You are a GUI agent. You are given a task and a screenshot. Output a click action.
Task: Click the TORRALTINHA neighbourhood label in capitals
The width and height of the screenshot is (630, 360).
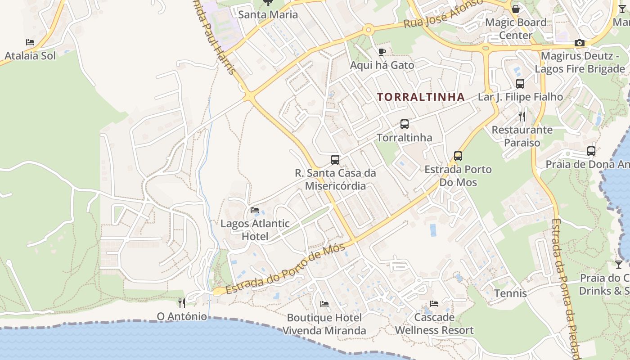tap(421, 97)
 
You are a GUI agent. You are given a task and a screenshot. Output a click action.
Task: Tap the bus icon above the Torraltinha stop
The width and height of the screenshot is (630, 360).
tap(405, 124)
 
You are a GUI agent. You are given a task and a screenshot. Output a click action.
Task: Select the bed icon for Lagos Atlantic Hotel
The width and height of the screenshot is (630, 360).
tap(255, 210)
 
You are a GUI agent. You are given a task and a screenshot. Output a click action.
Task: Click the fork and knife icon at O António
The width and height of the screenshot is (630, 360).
tap(182, 303)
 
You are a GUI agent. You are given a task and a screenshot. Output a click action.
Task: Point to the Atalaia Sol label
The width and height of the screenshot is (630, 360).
tap(30, 56)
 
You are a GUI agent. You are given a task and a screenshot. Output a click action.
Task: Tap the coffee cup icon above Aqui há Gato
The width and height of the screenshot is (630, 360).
tap(382, 52)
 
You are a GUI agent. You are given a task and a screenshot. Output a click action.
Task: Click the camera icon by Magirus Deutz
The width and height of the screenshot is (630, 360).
tap(580, 43)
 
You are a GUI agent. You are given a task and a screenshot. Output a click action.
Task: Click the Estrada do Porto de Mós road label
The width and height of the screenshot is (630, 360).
tap(285, 269)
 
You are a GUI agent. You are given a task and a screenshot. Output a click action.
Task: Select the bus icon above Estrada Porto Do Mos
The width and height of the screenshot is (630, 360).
tap(458, 156)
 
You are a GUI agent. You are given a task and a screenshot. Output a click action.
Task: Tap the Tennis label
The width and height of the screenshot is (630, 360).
tap(510, 293)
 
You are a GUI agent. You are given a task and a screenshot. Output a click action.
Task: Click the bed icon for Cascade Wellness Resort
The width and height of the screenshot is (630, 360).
tap(434, 304)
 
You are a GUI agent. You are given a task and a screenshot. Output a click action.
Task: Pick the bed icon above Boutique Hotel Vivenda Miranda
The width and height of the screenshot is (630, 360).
tap(324, 304)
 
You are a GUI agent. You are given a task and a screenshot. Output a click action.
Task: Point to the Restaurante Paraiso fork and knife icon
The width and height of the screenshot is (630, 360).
tap(522, 117)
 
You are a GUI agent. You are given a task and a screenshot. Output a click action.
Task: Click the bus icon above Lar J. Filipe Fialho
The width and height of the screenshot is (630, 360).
tap(520, 83)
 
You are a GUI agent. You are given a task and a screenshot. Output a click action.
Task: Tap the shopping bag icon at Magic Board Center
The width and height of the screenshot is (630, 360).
tap(516, 9)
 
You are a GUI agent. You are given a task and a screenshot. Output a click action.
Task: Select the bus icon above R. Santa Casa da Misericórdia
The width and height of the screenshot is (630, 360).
tap(335, 159)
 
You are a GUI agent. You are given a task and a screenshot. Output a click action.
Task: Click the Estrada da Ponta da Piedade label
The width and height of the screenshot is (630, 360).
tap(565, 288)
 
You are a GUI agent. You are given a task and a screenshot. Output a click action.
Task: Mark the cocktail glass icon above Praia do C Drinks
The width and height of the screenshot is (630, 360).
tap(619, 265)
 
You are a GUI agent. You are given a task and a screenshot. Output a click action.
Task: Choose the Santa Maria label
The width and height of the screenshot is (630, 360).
tap(268, 14)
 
